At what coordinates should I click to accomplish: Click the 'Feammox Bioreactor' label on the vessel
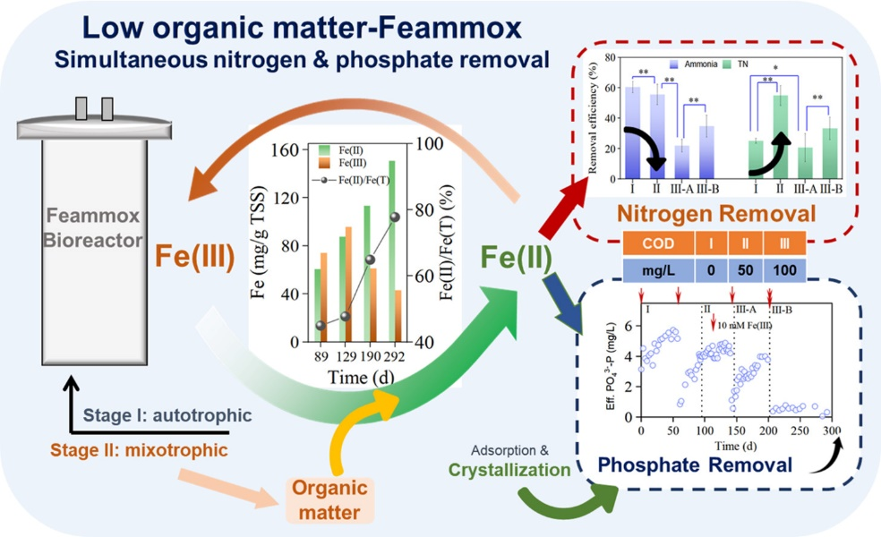(93, 227)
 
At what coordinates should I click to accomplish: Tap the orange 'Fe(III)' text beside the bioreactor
(195, 256)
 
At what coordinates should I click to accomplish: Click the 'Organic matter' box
(329, 500)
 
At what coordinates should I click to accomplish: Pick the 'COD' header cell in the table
(658, 243)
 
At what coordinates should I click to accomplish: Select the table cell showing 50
(745, 270)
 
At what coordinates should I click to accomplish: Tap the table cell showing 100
(784, 270)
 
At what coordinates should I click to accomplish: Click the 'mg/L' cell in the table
(658, 270)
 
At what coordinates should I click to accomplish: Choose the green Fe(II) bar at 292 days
(391, 251)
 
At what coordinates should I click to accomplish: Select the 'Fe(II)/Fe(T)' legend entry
(352, 180)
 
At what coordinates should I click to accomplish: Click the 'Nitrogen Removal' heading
(716, 213)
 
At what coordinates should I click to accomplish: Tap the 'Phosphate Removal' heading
(695, 465)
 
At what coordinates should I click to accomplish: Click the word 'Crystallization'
(509, 470)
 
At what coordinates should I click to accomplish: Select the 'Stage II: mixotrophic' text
(139, 450)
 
